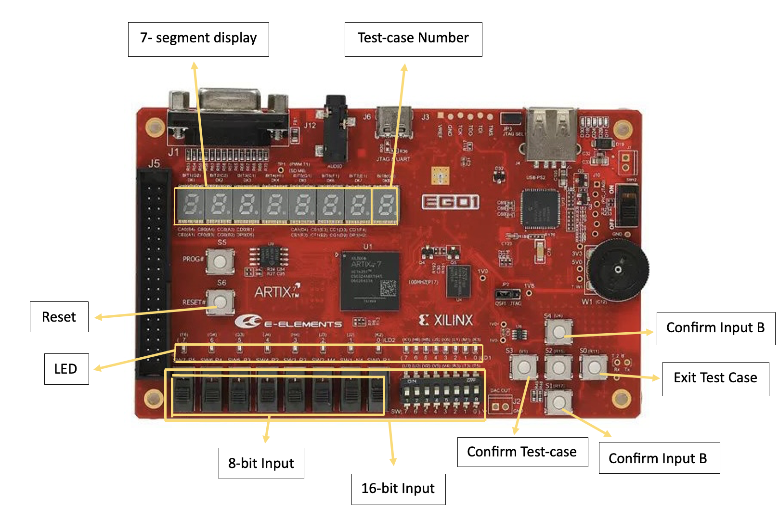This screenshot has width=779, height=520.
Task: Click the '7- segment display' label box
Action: pos(198,39)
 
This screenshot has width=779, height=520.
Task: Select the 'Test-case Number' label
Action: pos(413,39)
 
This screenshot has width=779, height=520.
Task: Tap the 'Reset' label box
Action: pos(59,317)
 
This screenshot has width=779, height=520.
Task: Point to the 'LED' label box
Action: pos(66,369)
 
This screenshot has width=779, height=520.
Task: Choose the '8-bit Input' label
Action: pos(261,463)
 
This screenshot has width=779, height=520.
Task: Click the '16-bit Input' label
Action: pos(398,489)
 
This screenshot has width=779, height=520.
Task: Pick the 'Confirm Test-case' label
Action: pos(522,452)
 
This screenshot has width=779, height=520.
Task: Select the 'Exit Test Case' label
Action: pos(715,378)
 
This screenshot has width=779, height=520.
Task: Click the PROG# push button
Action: pos(220,261)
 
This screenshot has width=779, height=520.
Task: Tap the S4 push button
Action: pos(558,331)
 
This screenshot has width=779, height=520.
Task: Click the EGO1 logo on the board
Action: pos(450,202)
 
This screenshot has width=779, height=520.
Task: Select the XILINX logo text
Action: pos(446,320)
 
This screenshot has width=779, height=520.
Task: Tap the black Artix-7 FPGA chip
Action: pos(370,281)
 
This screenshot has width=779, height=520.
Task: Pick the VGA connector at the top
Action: pos(229,116)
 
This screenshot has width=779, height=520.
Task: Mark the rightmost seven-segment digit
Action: pos(385,206)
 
